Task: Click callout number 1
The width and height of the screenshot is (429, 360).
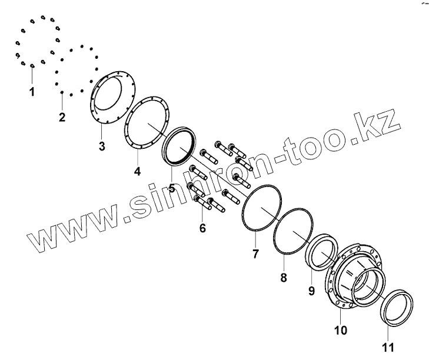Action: click(x=32, y=92)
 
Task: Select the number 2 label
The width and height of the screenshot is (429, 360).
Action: click(x=62, y=116)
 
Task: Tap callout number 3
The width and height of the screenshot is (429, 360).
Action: click(x=102, y=146)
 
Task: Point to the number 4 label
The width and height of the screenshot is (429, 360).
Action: click(x=137, y=171)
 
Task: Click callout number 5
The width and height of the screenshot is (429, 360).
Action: click(x=172, y=189)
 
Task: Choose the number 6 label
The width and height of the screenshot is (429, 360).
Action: click(x=202, y=228)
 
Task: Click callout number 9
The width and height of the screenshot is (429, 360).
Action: click(x=312, y=291)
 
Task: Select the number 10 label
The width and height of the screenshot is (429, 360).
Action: click(x=341, y=331)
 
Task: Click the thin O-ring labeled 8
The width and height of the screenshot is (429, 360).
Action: click(x=278, y=239)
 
